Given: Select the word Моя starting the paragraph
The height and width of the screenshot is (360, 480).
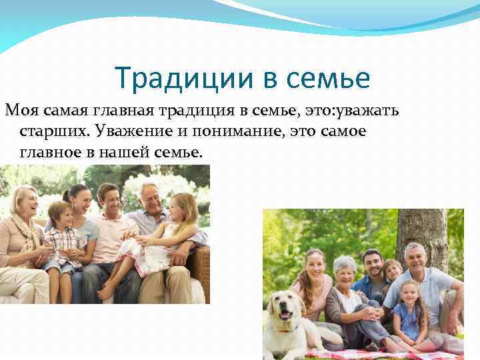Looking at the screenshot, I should click(x=19, y=110).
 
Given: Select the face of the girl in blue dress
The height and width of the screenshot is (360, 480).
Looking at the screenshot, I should click(x=408, y=293).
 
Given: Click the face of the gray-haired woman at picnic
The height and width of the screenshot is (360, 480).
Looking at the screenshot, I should click(x=345, y=270).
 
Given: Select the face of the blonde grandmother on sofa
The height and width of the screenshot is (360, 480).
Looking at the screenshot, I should click(x=25, y=201).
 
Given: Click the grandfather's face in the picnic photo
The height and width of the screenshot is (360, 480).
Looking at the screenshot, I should click(x=414, y=259).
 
